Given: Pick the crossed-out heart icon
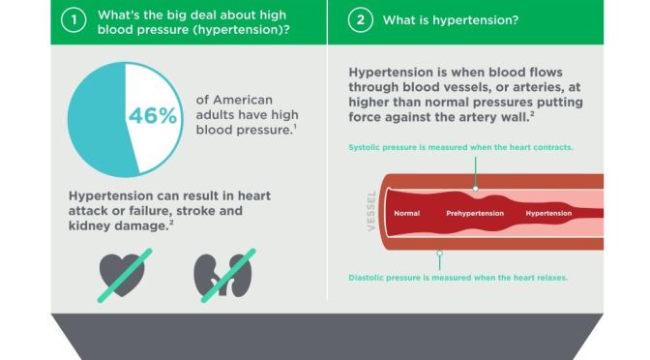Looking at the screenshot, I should pyautogui.click(x=122, y=274).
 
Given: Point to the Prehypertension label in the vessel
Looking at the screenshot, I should pyautogui.click(x=478, y=212).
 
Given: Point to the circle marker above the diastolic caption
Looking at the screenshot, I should pyautogui.click(x=440, y=254).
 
